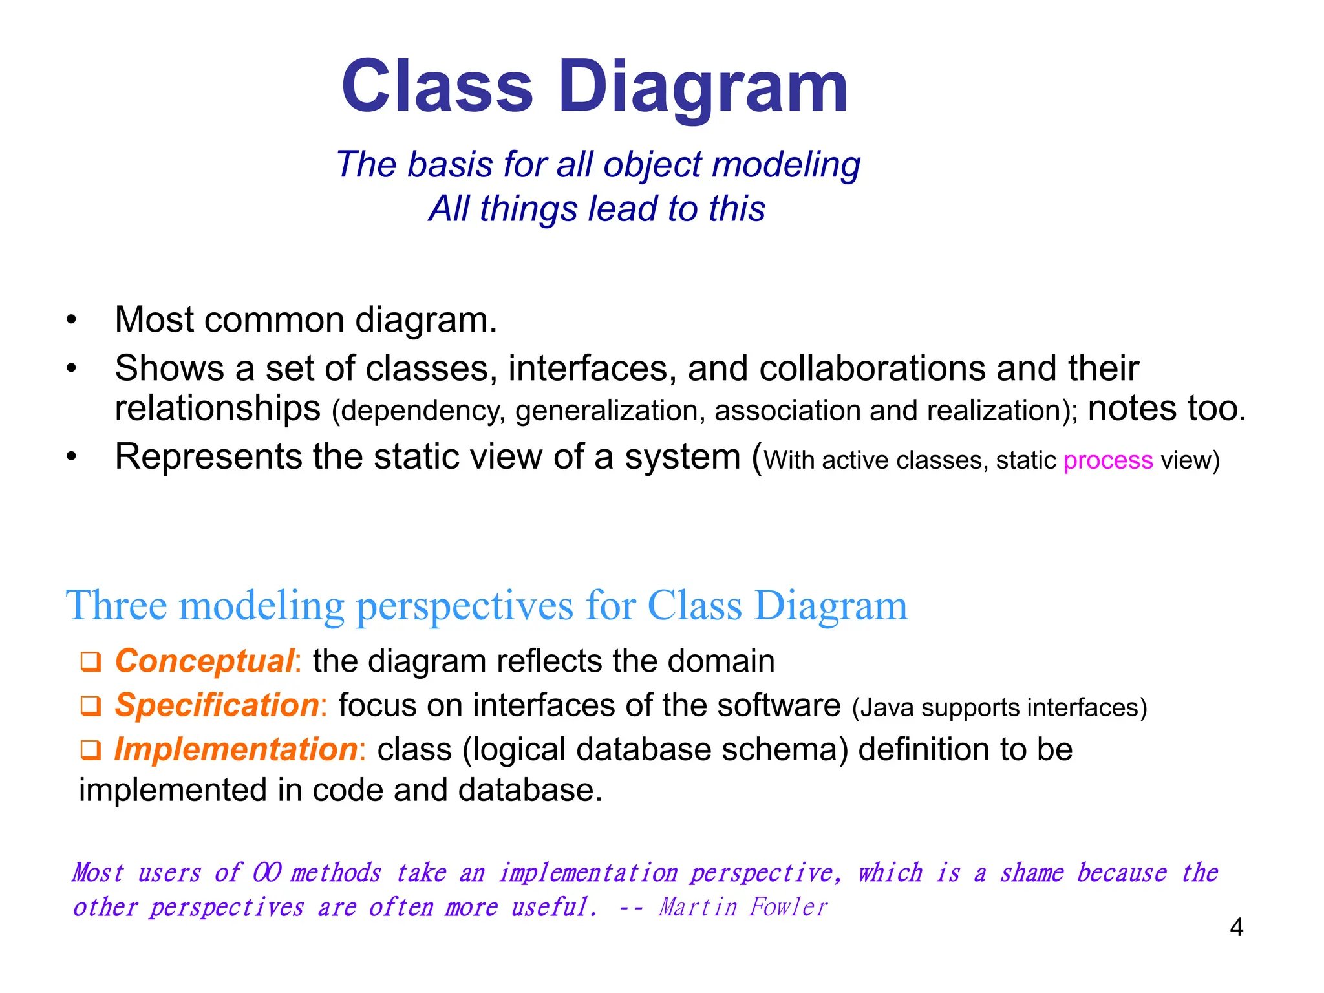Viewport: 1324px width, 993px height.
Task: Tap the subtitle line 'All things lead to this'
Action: (596, 209)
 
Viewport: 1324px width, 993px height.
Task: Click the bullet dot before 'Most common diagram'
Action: (72, 320)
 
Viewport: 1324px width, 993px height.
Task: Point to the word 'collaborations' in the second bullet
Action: (871, 368)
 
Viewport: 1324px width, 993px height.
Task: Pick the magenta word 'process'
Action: (1107, 460)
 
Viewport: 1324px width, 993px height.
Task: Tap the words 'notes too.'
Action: (1166, 409)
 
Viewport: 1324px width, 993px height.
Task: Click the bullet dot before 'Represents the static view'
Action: (72, 457)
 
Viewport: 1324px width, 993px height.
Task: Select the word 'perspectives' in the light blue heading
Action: (464, 606)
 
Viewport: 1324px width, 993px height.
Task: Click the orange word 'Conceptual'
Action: (204, 661)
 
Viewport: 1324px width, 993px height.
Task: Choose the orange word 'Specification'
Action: (217, 705)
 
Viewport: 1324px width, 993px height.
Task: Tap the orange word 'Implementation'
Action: (236, 750)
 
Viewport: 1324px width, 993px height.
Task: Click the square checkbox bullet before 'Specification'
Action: (91, 706)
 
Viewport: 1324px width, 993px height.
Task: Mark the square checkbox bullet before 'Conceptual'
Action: (91, 662)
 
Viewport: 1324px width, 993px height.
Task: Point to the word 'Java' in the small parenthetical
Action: (881, 708)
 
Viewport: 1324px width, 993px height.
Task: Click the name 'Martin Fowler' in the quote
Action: (743, 907)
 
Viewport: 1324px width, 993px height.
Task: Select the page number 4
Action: (1236, 928)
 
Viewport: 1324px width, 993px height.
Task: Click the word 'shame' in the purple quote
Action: (1031, 873)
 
